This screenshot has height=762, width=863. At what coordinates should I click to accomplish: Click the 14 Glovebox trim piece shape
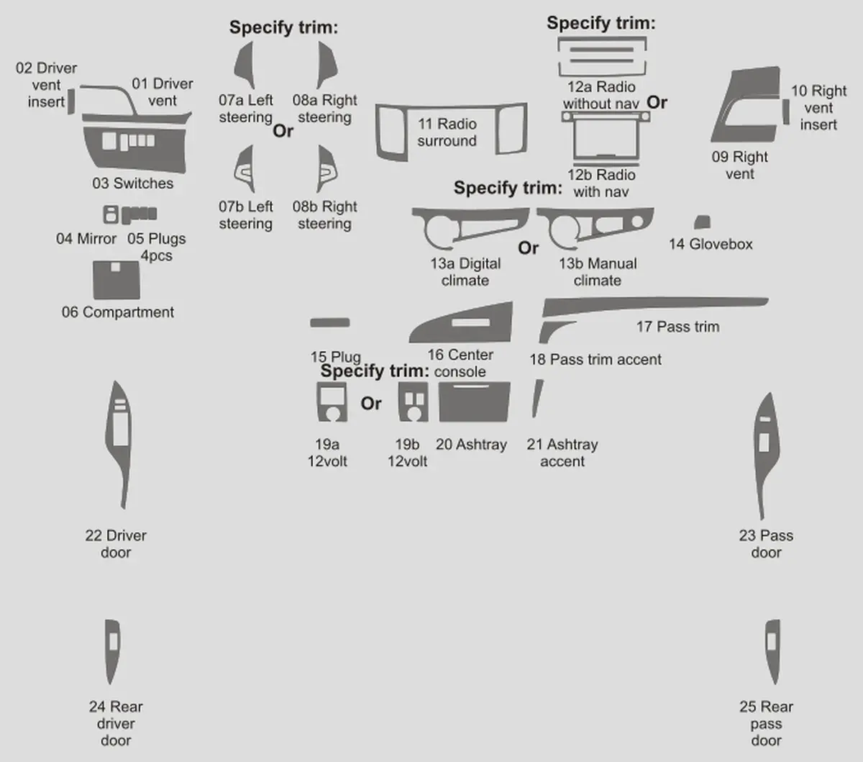coord(703,222)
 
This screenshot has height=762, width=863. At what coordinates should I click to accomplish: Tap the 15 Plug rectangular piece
coord(329,322)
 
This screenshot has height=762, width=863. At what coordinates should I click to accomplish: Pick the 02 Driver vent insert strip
coord(71,101)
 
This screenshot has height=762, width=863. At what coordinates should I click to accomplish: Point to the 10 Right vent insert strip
coord(786,112)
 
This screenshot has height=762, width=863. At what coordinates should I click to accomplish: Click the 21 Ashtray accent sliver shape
coord(537,399)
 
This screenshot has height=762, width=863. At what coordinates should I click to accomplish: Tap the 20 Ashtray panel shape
coord(475,402)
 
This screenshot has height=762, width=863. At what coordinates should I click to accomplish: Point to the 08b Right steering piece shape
coord(326,169)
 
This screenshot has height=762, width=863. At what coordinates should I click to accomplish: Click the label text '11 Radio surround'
coord(447,132)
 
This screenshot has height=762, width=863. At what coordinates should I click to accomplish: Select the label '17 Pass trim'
coord(677,327)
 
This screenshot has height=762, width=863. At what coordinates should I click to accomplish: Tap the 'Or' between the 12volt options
coord(371,403)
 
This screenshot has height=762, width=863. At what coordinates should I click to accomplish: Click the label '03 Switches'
coord(133,183)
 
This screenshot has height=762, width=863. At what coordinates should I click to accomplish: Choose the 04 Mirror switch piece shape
coord(111,214)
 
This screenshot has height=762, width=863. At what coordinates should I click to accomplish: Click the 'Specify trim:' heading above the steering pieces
coord(283,27)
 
